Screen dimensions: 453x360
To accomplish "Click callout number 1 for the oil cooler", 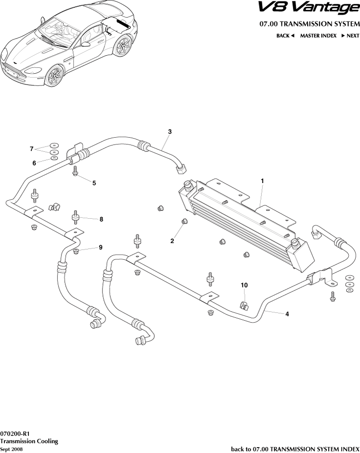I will pyautogui.click(x=262, y=181).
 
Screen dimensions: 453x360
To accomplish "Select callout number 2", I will pyautogui.click(x=172, y=241).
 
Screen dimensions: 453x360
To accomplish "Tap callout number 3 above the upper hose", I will pyautogui.click(x=169, y=132).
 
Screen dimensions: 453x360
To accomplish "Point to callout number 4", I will pyautogui.click(x=287, y=314).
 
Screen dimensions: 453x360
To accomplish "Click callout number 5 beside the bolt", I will pyautogui.click(x=94, y=183).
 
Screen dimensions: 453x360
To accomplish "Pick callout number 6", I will pyautogui.click(x=34, y=163).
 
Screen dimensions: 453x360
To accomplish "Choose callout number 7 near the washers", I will pyautogui.click(x=31, y=148).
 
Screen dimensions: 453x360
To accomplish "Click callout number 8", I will pyautogui.click(x=101, y=220).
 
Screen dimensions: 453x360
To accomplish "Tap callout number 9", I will pyautogui.click(x=101, y=247).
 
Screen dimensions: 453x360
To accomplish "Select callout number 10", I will pyautogui.click(x=244, y=285).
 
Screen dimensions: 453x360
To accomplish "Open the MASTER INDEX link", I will pyautogui.click(x=318, y=36).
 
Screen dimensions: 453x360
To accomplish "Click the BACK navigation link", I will pyautogui.click(x=285, y=36).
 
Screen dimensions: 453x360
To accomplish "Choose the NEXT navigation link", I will pyautogui.click(x=350, y=36).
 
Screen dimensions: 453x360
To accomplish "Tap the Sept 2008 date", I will pyautogui.click(x=11, y=449).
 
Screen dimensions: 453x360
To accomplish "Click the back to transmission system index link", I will pyautogui.click(x=295, y=449).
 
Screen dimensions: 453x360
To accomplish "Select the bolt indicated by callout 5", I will pyautogui.click(x=76, y=171).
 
